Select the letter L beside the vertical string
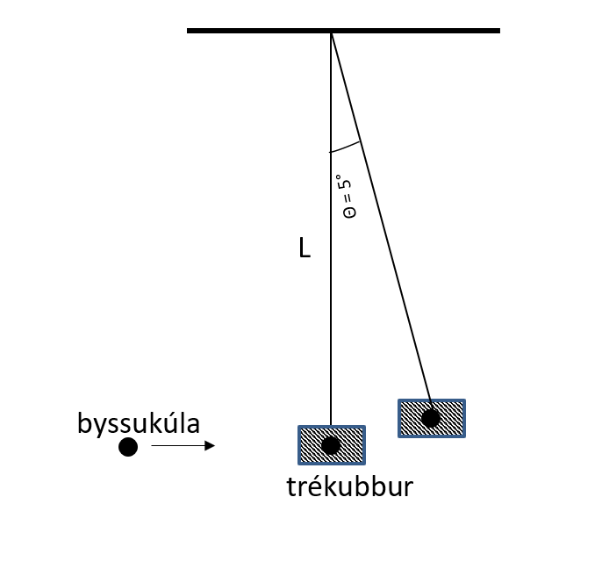pos(304,249)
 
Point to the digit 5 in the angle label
pos(345,186)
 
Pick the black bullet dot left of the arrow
pos(128,447)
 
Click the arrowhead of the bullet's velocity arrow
pos(210,446)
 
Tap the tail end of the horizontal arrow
pos(153,446)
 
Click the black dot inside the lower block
pos(331,445)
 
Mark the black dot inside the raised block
pos(431,418)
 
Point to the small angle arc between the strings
pos(346,147)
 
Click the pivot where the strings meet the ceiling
pos(331,32)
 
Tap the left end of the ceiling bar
pos(190,31)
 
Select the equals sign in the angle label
pos(346,199)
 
